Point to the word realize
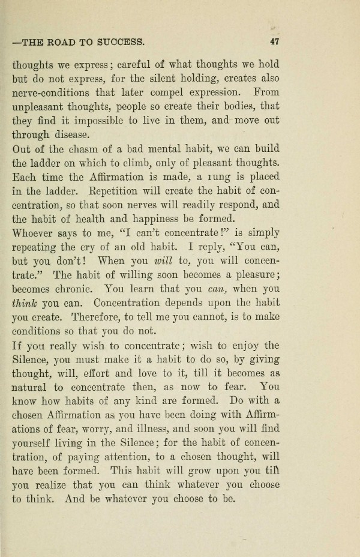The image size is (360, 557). click(58, 487)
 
